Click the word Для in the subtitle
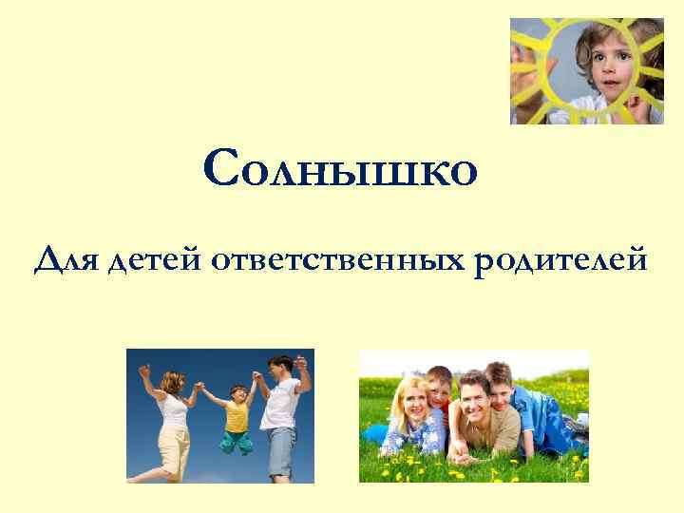pos(68,258)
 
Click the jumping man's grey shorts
pos(281,451)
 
